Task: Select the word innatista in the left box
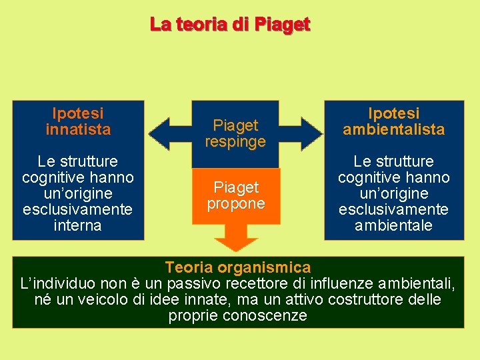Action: [x=78, y=129]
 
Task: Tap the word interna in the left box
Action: [x=78, y=225]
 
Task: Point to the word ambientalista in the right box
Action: [x=393, y=129]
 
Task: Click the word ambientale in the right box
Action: [x=393, y=225]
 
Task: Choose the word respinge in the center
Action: [x=235, y=141]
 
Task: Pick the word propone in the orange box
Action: [x=235, y=203]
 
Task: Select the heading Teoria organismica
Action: [x=238, y=267]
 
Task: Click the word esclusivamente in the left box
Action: [x=78, y=209]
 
